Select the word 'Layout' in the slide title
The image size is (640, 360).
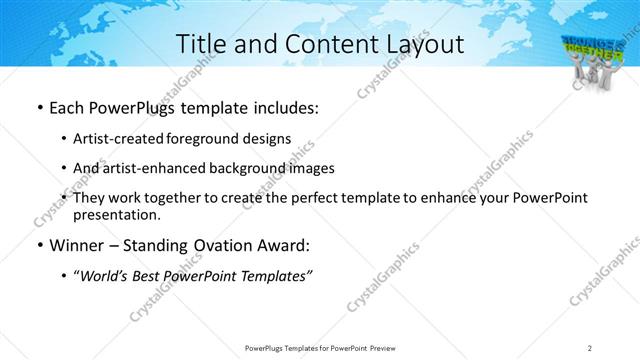pyautogui.click(x=420, y=44)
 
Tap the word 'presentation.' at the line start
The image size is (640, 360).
pyautogui.click(x=116, y=214)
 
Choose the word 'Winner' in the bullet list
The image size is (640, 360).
pyautogui.click(x=78, y=246)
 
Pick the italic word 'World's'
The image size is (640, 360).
pyautogui.click(x=106, y=277)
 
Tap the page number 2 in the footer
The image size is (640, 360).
pyautogui.click(x=589, y=348)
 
